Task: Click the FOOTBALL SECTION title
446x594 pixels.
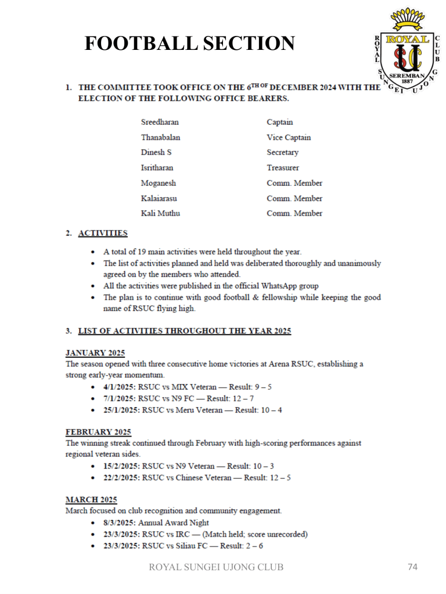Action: pos(190,44)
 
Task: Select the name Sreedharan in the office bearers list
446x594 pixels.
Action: pos(160,122)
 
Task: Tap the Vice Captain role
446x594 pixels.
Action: pos(289,137)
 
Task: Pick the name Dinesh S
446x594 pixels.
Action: pos(156,153)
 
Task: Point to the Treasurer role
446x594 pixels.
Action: pos(283,168)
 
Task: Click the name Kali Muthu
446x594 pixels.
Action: pos(160,213)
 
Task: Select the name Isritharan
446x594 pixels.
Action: pos(157,168)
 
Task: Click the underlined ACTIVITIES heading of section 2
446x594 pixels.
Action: pos(103,233)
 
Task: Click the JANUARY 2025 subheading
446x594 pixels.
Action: pos(95,353)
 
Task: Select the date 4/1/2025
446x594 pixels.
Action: pos(121,386)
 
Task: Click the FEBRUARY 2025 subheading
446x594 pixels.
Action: pos(98,432)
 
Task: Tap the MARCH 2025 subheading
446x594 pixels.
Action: pos(91,499)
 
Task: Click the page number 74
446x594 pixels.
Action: pos(412,567)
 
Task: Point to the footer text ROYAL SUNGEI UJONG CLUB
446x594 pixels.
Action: pos(217,567)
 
